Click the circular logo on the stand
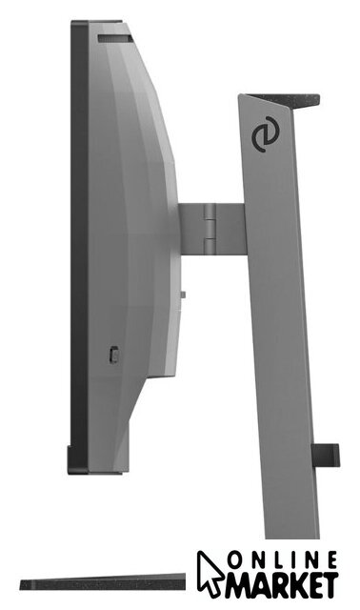tap(265, 134)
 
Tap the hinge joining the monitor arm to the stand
tap(210, 229)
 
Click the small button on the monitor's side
tap(113, 355)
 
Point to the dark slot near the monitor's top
tap(115, 38)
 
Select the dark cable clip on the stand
tap(326, 456)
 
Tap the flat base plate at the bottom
tap(103, 582)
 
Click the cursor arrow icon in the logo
tap(210, 573)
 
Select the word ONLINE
tap(282, 560)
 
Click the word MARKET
tap(282, 585)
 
